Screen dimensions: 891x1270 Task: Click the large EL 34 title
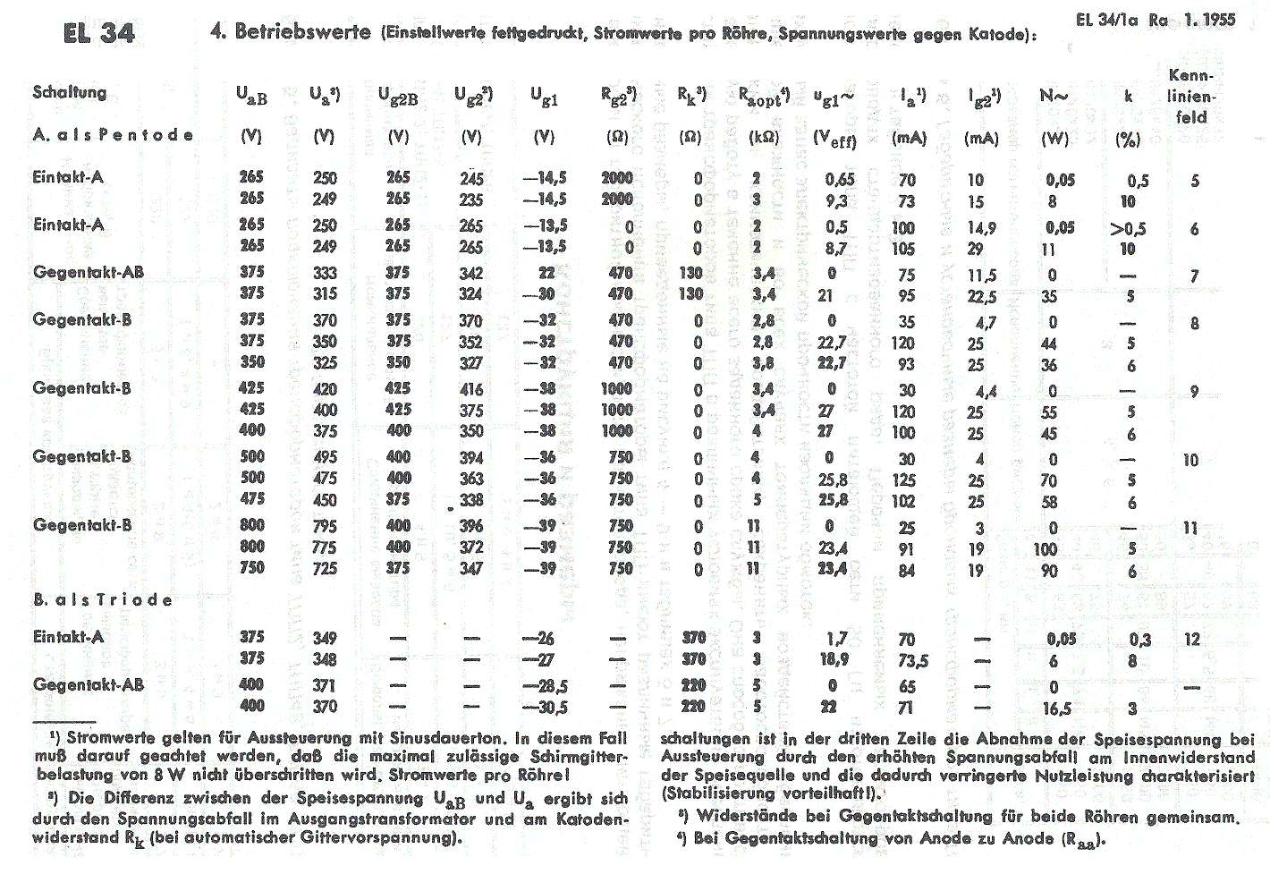pos(98,32)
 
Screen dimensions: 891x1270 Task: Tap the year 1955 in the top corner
pos(1214,20)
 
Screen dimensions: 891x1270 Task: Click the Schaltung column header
pos(70,92)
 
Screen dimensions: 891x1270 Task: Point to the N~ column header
pos(1054,95)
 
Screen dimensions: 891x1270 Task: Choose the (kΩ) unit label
pos(764,138)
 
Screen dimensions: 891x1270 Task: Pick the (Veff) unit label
pos(834,139)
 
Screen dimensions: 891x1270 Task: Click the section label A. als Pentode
pos(113,135)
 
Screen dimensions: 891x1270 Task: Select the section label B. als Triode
pos(102,599)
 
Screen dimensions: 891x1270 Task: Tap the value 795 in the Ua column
pos(324,526)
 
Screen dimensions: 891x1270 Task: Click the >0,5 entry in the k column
pos(1128,228)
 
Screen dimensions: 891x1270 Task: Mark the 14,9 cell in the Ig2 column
pos(980,227)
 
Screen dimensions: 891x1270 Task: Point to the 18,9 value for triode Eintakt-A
pos(835,659)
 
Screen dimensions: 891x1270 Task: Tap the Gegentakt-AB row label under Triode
pos(88,684)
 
